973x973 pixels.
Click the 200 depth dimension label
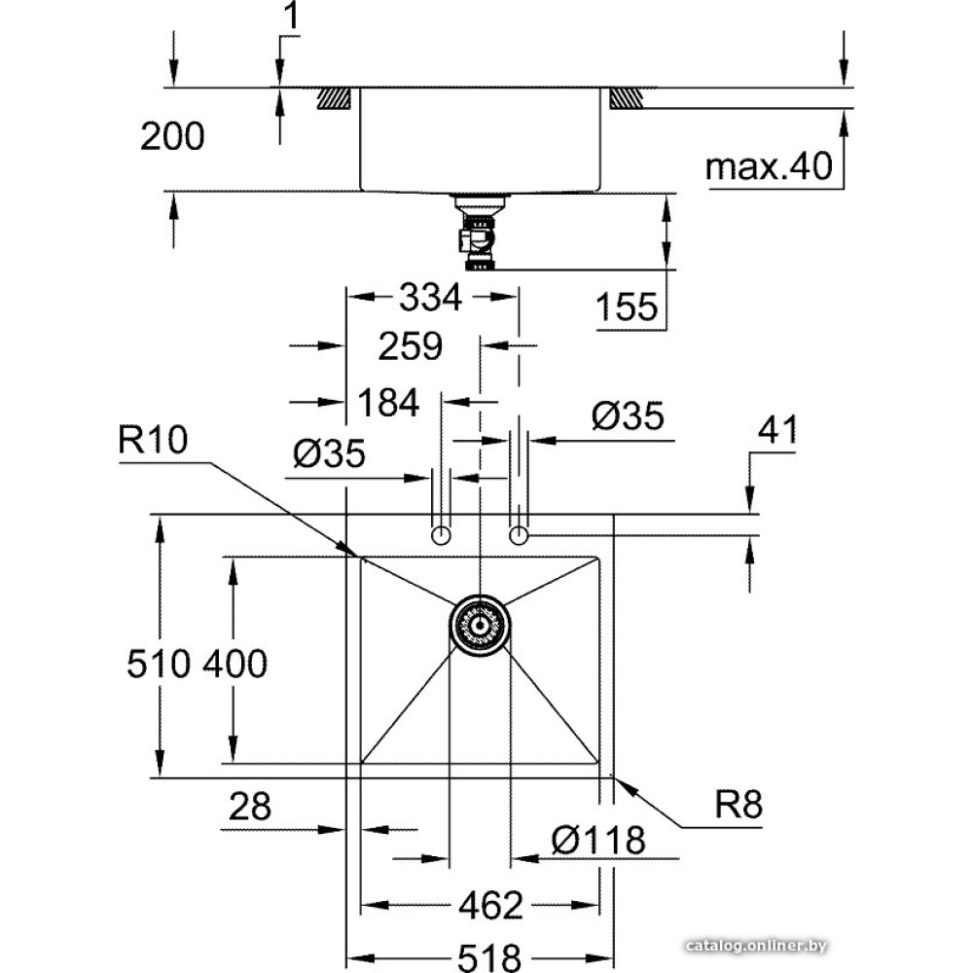click(x=172, y=137)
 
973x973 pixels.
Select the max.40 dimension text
click(x=770, y=167)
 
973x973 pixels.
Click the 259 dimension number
click(x=412, y=345)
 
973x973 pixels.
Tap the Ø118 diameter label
click(x=597, y=839)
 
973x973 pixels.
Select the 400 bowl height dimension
click(x=234, y=664)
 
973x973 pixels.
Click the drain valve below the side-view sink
click(x=479, y=234)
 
